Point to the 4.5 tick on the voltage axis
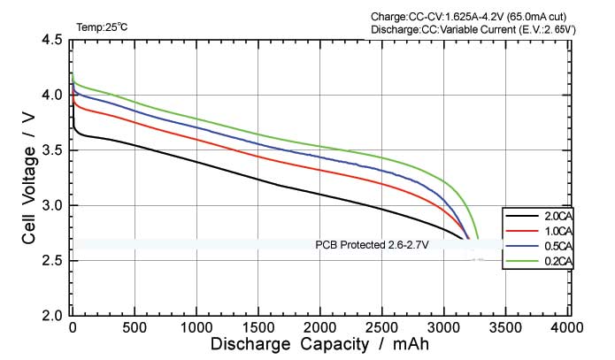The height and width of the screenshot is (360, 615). [x=50, y=41]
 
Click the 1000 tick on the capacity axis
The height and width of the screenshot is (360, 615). [x=195, y=327]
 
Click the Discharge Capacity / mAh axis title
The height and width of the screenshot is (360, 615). [x=319, y=344]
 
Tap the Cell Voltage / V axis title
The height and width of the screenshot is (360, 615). [x=28, y=177]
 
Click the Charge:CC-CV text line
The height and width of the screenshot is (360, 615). [x=480, y=17]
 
